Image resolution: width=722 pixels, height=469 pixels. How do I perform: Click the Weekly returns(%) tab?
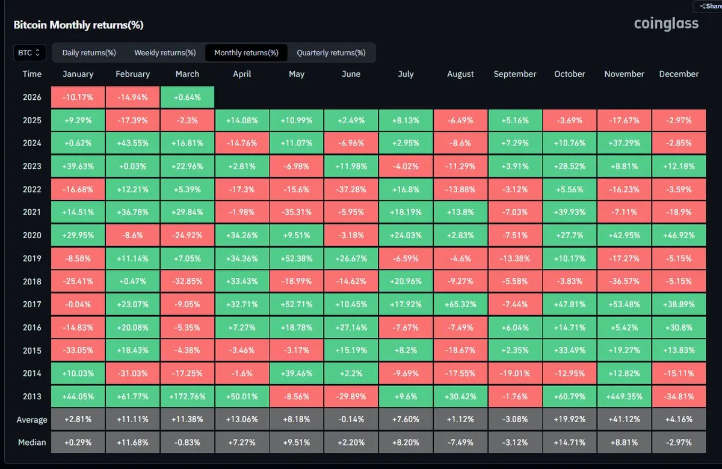(x=165, y=53)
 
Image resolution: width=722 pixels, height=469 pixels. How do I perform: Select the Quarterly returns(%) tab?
(x=331, y=53)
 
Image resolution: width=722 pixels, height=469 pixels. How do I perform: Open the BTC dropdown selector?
(x=29, y=53)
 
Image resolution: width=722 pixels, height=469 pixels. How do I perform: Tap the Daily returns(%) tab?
(x=89, y=53)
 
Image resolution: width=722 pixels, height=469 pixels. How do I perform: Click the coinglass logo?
(x=666, y=24)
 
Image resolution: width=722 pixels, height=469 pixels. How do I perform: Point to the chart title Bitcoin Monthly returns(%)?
(x=78, y=25)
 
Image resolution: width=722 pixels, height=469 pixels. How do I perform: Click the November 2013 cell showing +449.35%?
(x=624, y=396)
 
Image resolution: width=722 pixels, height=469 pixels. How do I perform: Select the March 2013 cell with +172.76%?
(x=187, y=396)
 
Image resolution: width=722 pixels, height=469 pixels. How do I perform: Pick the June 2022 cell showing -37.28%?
(x=351, y=189)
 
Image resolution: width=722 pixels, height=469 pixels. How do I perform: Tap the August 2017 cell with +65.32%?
(x=460, y=304)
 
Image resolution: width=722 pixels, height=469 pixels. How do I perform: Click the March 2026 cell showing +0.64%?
(x=187, y=97)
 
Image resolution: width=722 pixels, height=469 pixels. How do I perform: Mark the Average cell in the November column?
(x=624, y=420)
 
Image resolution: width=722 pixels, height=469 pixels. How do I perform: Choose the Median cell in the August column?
(x=460, y=443)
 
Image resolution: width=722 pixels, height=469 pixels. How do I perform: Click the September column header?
(x=514, y=74)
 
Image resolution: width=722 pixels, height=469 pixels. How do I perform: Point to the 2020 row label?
(x=32, y=235)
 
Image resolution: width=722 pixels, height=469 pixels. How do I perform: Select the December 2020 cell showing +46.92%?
(x=679, y=235)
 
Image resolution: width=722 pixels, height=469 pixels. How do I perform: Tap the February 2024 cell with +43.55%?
(x=132, y=144)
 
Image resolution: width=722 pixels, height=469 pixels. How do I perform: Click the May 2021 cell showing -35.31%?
(x=297, y=212)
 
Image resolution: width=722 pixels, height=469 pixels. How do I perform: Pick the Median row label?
(x=32, y=443)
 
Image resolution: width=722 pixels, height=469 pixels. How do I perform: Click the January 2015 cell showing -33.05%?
(x=78, y=350)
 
